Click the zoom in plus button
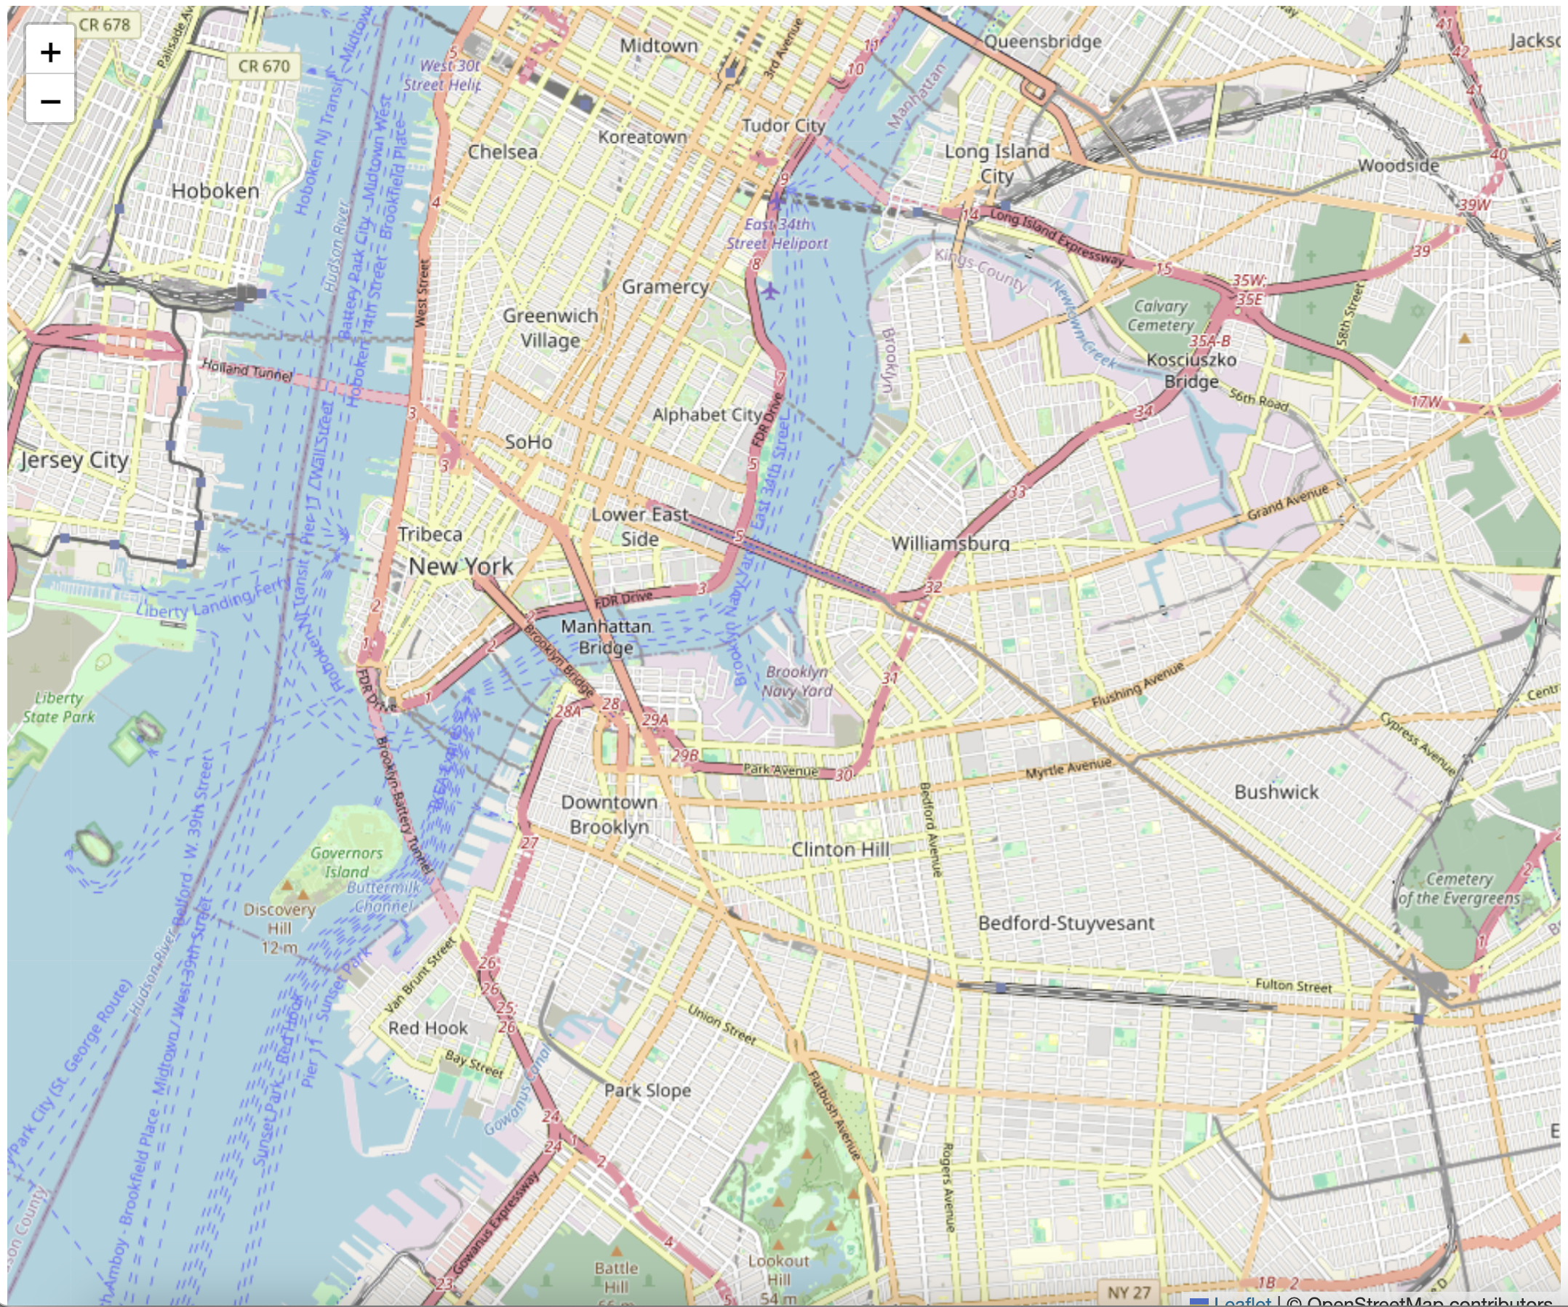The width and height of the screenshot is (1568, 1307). [x=50, y=52]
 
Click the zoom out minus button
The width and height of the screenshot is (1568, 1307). [x=50, y=100]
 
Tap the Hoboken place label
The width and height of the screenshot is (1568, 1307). [x=215, y=191]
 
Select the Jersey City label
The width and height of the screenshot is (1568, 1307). [x=75, y=460]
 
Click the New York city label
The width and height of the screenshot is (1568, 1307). [x=460, y=566]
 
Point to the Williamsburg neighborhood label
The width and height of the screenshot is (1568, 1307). [x=950, y=543]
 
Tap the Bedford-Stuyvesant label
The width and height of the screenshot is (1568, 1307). [x=1065, y=923]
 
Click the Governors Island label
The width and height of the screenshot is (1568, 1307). [x=345, y=862]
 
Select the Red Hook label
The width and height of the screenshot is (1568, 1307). [x=427, y=1028]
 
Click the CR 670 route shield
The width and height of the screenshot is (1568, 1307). [x=263, y=66]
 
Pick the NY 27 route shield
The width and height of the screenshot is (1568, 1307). [x=1128, y=1292]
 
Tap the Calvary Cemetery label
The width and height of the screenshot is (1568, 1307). [x=1160, y=315]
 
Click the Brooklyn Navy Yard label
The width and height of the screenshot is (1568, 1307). [x=796, y=680]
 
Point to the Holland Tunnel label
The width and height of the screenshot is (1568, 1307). [x=247, y=369]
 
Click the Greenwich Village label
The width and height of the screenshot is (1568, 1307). [x=551, y=328]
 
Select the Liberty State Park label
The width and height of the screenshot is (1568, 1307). [x=58, y=707]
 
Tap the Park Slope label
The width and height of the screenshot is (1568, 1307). [x=647, y=1090]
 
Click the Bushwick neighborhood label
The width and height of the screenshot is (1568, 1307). [x=1276, y=792]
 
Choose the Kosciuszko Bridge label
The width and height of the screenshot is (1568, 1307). [x=1191, y=370]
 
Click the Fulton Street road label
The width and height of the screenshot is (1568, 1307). [x=1293, y=985]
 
